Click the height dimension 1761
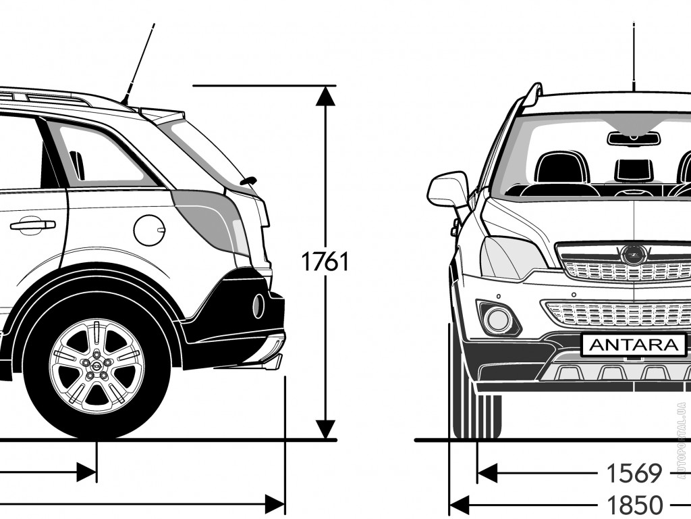[x=325, y=262]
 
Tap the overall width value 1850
[x=634, y=504]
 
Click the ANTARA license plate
[x=634, y=345]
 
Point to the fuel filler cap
[x=149, y=230]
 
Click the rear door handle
[x=32, y=224]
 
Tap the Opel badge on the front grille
[x=633, y=254]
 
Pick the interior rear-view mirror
[x=634, y=138]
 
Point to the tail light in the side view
[x=211, y=222]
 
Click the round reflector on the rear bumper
[x=258, y=306]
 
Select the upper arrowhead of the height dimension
[x=326, y=96]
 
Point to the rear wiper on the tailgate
[x=248, y=180]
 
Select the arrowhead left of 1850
[x=459, y=504]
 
